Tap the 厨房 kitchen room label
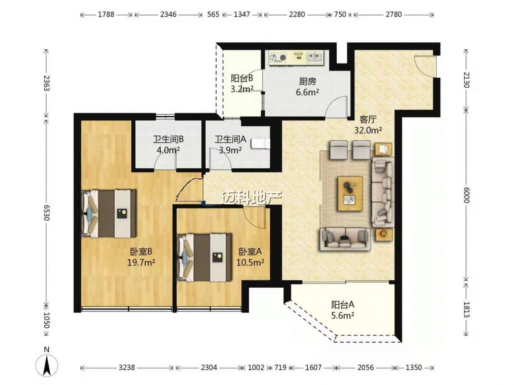(307, 81)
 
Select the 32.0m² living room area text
(368, 130)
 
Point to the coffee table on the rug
(350, 194)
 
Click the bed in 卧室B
(108, 213)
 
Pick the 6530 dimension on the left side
(46, 213)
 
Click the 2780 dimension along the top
(394, 15)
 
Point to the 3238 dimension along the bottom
(127, 368)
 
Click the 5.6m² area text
(342, 316)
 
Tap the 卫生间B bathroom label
(168, 139)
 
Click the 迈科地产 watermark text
(251, 198)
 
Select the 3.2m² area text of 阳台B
(242, 89)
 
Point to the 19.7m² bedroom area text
(141, 263)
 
